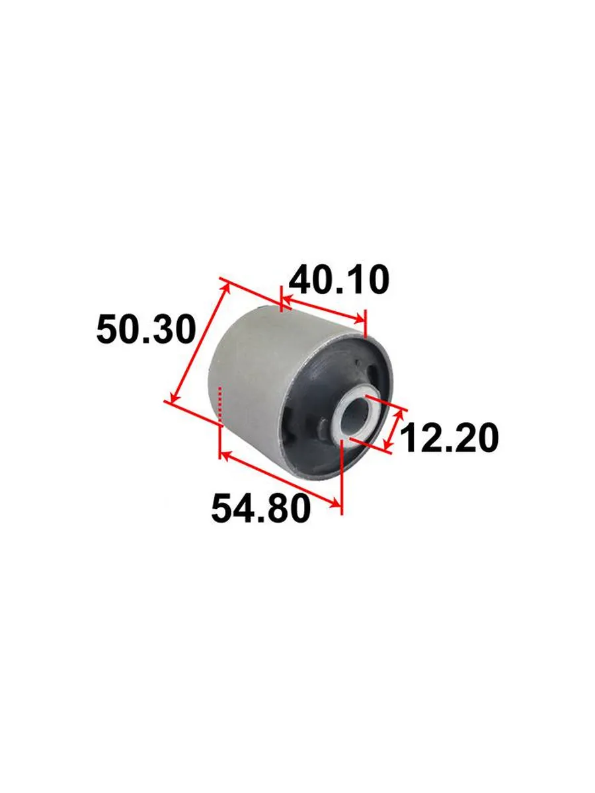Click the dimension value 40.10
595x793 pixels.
tap(338, 280)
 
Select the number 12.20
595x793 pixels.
tap(449, 438)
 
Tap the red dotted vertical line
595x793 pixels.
tap(220, 404)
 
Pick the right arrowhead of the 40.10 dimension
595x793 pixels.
tap(359, 319)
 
